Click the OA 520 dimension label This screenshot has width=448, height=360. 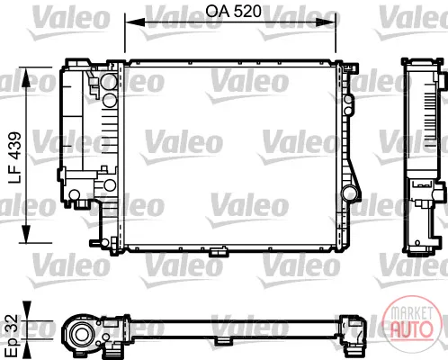pyautogui.click(x=233, y=12)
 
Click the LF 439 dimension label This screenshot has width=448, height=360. pyautogui.click(x=14, y=157)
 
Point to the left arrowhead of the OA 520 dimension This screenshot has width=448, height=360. pyautogui.click(x=135, y=22)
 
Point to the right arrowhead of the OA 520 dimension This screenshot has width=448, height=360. pyautogui.click(x=326, y=22)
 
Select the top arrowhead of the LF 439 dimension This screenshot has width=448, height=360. pyautogui.click(x=26, y=77)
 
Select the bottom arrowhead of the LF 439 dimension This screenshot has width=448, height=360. pyautogui.click(x=26, y=232)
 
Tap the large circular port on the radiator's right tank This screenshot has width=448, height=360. pyautogui.click(x=350, y=193)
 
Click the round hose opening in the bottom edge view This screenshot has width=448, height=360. pyautogui.click(x=80, y=334)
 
